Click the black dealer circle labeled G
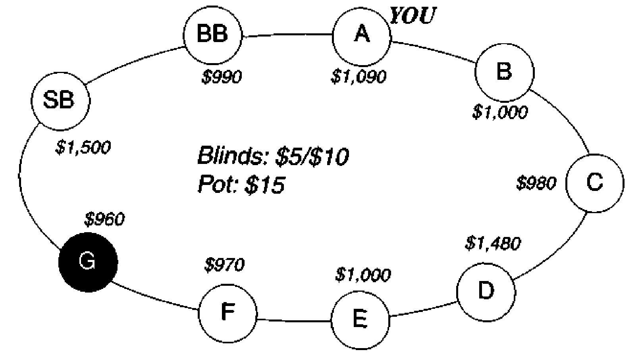88,262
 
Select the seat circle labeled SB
61,101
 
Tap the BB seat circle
212,35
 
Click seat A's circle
362,37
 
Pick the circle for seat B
505,73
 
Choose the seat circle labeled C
595,183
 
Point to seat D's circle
486,292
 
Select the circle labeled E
360,320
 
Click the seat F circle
228,314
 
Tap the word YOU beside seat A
413,15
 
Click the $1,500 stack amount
83,147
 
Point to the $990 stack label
222,77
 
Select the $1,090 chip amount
359,77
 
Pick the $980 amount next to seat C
536,183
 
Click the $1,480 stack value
493,244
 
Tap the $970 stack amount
225,265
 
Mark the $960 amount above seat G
104,219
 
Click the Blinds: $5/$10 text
273,156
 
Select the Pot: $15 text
241,185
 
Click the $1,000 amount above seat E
363,275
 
